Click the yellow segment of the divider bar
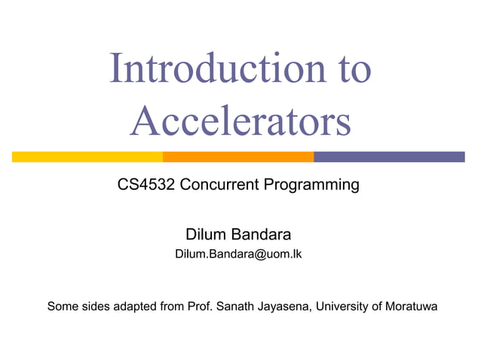click(87, 157)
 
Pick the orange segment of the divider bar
click(238, 157)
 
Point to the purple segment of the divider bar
click(389, 157)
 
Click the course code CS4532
click(146, 184)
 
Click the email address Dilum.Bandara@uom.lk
click(238, 255)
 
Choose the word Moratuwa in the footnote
click(411, 307)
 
